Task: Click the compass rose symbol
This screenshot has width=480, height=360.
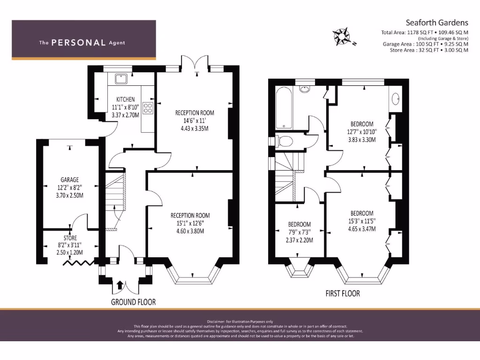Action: pos(342,36)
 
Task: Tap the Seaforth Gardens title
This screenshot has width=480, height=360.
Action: pos(436,22)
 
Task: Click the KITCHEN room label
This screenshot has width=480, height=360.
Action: pos(126,99)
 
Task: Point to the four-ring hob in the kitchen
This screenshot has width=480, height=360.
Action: pos(148,108)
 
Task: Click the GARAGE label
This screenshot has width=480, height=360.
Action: pos(69,180)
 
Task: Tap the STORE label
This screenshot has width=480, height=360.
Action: pos(70,238)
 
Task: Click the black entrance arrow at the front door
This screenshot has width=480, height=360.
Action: pos(120,284)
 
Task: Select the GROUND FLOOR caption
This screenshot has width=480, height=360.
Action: pos(133,302)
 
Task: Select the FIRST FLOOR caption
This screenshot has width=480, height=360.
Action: pos(343,293)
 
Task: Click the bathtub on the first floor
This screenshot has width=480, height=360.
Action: pos(284,107)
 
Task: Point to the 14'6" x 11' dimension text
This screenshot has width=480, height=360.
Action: pos(195,120)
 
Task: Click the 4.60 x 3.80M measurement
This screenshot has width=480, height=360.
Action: pos(190,231)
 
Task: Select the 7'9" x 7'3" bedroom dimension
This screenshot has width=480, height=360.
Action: pos(299,232)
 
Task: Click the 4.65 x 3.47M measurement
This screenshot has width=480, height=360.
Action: pos(362,229)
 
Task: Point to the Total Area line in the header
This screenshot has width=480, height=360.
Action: pos(425,32)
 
